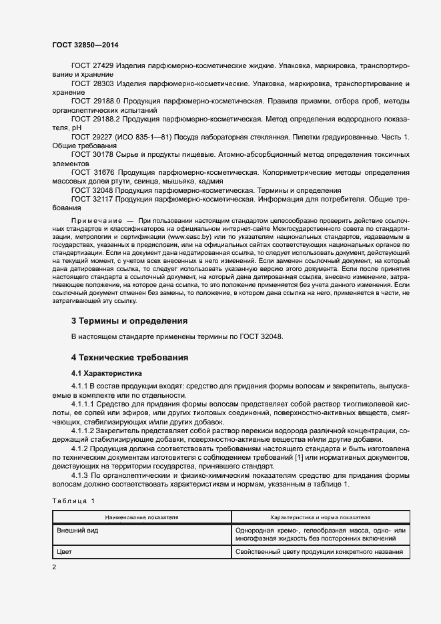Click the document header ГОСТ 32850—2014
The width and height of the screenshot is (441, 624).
coord(85,45)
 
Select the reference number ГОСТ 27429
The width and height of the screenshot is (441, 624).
coord(93,66)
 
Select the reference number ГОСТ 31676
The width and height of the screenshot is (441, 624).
coord(93,172)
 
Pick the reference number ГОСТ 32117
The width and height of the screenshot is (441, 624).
coord(93,199)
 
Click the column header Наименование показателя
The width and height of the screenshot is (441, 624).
coord(141,517)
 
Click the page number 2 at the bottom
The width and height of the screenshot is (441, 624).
coord(55,567)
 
